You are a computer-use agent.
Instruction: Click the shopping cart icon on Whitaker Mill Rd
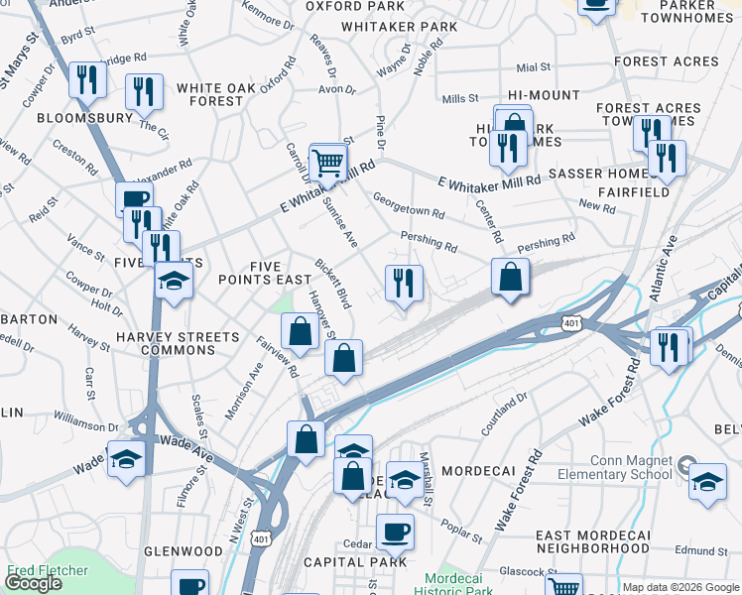point(326,162)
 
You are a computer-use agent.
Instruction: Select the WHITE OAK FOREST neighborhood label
point(217,94)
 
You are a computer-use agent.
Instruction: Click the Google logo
point(33,583)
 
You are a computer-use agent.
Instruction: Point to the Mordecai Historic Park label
point(458,585)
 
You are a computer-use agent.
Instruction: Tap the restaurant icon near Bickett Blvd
point(404,283)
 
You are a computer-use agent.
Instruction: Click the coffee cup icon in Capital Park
point(395,532)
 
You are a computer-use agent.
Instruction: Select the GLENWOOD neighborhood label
point(183,551)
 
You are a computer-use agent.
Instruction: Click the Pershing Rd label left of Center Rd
point(429,241)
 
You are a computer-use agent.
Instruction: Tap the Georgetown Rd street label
point(409,205)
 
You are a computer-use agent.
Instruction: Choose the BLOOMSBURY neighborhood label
point(84,117)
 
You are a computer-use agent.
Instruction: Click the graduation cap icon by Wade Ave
point(126,459)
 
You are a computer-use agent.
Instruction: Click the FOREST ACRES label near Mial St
point(666,61)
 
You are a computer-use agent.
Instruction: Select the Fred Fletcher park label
point(48,570)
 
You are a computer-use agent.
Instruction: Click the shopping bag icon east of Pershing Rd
point(510,278)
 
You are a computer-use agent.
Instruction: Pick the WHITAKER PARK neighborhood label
point(400,27)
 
